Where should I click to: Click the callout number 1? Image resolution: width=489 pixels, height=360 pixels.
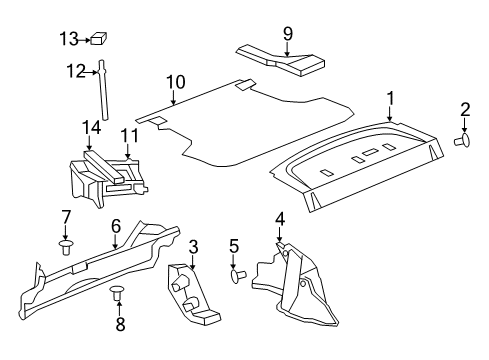[x=390, y=97]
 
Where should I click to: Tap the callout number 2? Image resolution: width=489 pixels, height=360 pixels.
[x=464, y=109]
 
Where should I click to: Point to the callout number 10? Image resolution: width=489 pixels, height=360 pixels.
[x=176, y=80]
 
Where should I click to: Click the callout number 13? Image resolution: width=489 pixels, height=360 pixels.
[x=68, y=39]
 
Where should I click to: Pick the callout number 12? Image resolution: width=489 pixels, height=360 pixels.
[x=71, y=70]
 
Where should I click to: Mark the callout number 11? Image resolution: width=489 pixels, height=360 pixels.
[x=128, y=134]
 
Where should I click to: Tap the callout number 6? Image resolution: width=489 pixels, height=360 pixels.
[x=115, y=225]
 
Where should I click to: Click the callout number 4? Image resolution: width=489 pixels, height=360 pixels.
[x=280, y=217]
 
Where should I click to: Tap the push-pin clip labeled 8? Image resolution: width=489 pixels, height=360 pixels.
[x=118, y=292]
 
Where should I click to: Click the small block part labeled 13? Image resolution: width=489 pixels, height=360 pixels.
[x=99, y=40]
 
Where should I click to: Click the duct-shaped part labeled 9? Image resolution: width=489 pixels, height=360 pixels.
[x=281, y=62]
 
